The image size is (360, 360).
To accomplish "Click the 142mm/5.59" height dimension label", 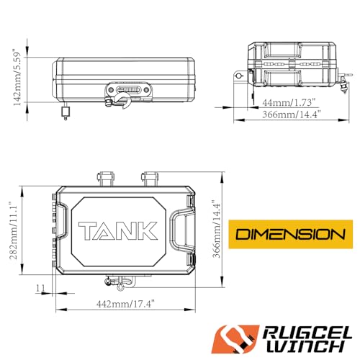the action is [17, 78].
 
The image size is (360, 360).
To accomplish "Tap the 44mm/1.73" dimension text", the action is [288, 103].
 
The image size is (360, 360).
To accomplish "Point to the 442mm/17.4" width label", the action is [125, 304].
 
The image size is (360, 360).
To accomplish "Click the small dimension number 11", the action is [40, 288].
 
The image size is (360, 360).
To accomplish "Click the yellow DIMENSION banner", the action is [290, 234].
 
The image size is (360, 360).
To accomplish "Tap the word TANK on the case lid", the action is [118, 231].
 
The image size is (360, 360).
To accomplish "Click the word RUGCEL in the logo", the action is [307, 333].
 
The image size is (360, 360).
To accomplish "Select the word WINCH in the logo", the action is [305, 347].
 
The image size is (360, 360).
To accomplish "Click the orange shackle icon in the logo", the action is [235, 339].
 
